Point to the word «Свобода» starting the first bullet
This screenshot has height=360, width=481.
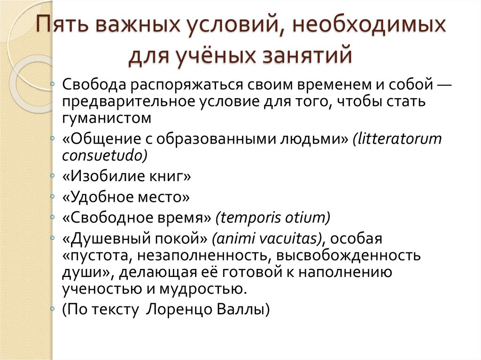tap(94, 85)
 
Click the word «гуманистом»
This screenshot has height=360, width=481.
tap(107, 117)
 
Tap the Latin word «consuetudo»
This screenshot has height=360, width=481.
tap(105, 155)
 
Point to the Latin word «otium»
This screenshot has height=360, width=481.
tap(308, 218)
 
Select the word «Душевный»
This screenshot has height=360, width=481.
tap(108, 239)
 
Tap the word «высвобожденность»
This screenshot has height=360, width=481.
tap(349, 256)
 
